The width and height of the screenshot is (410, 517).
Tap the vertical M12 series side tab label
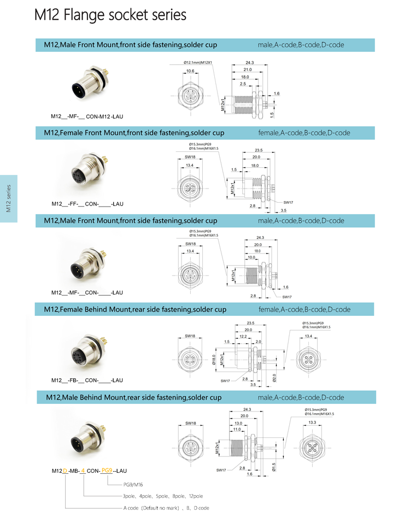(8, 198)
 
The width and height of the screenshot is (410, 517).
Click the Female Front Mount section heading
(134, 133)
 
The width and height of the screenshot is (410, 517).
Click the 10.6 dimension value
(190, 72)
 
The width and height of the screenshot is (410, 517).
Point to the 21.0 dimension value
(247, 69)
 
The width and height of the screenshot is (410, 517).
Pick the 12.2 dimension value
(243, 337)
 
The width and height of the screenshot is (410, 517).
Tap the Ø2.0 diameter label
(274, 378)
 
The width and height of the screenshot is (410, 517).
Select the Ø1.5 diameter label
(273, 466)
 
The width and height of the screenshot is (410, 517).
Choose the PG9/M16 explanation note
(133, 484)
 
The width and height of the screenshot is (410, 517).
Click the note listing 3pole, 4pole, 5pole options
(162, 496)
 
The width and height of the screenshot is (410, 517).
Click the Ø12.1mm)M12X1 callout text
(198, 62)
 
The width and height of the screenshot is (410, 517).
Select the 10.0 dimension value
(251, 257)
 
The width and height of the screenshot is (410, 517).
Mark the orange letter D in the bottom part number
(65, 471)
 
